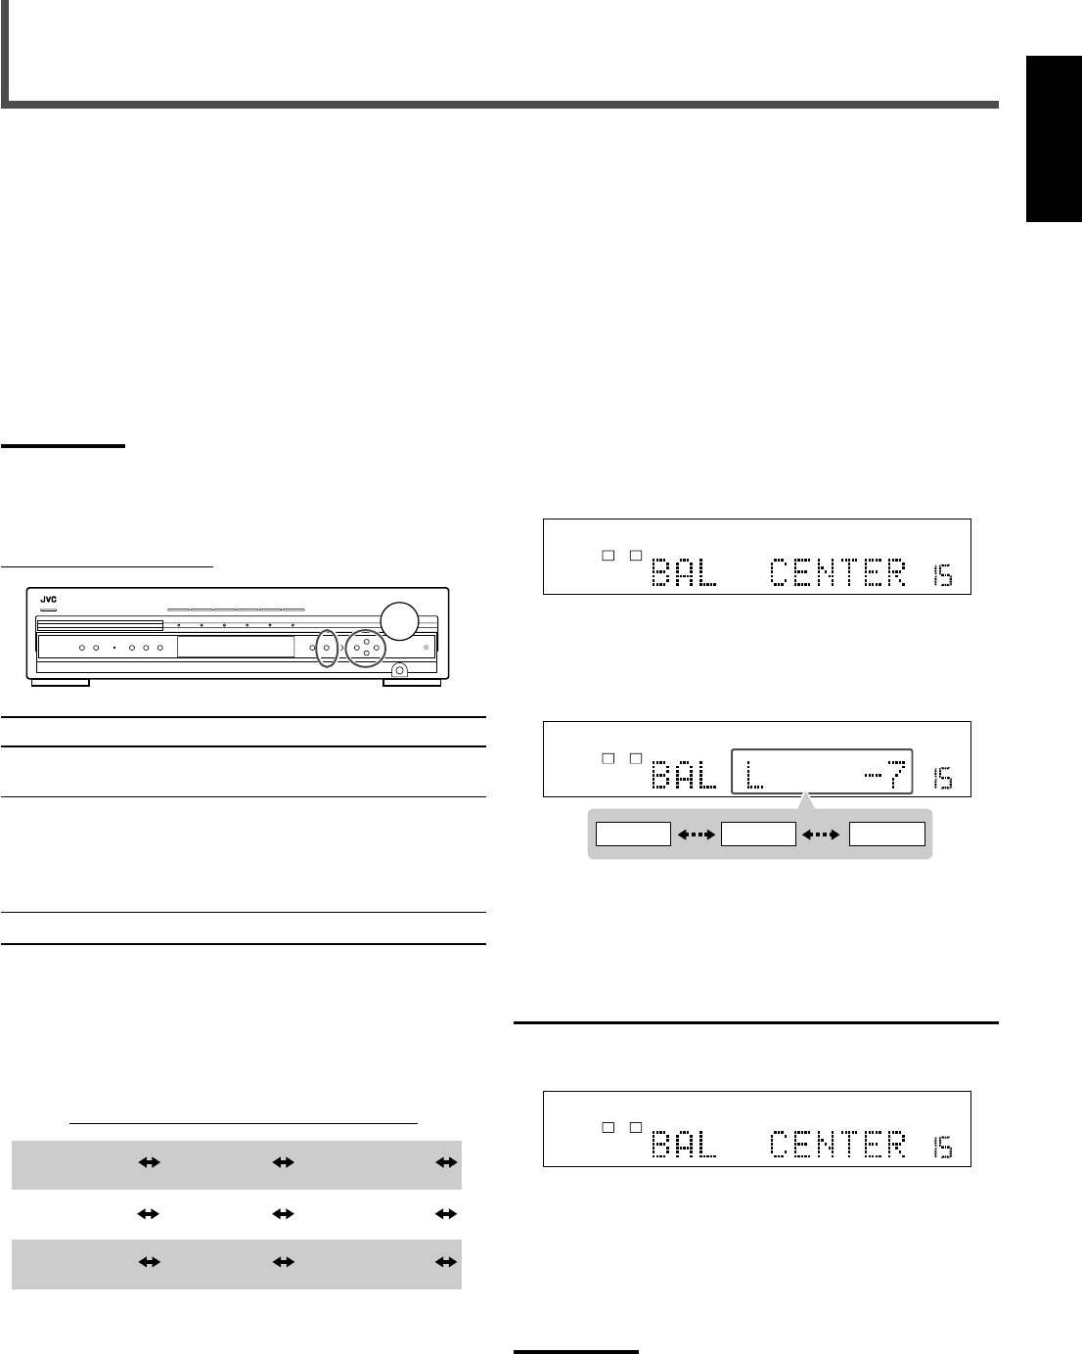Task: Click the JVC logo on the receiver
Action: tap(49, 599)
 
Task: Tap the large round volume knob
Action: tap(399, 621)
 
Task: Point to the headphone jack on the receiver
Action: tap(399, 670)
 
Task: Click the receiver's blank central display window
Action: tap(236, 647)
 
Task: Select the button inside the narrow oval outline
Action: tap(327, 648)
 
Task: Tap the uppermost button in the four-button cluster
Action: tap(367, 642)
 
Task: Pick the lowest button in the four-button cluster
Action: tap(367, 654)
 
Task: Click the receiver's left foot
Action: tap(61, 683)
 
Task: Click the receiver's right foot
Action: tap(412, 683)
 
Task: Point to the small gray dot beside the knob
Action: tap(426, 648)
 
